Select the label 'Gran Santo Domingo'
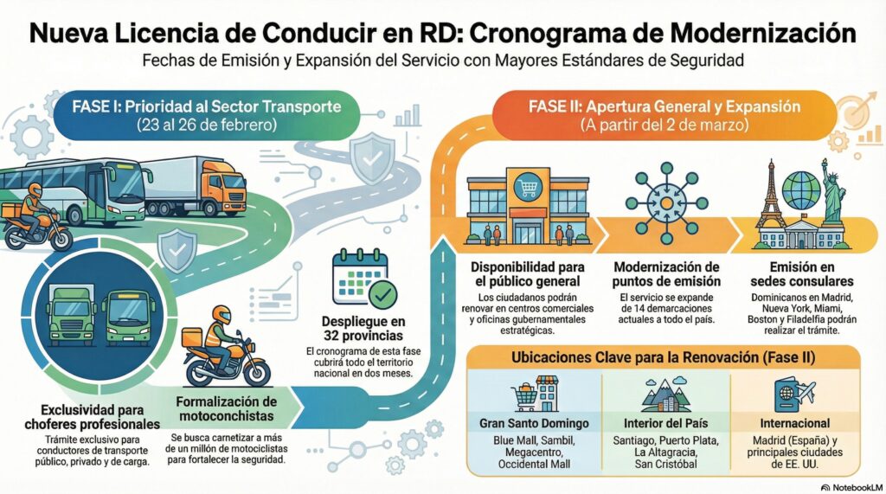click(534, 424)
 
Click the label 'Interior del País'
click(666, 424)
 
